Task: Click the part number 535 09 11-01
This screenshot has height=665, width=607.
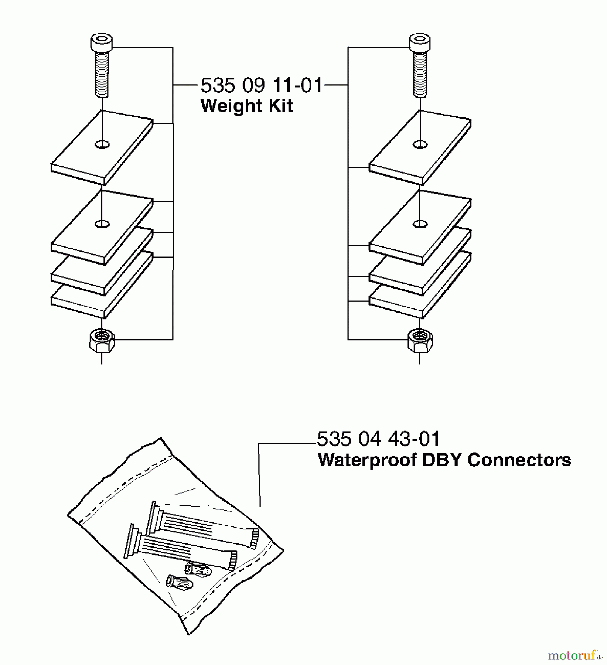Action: (262, 86)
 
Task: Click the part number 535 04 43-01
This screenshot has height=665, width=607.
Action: (378, 439)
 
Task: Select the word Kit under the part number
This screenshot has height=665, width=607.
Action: (280, 106)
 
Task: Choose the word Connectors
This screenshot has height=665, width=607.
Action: (519, 460)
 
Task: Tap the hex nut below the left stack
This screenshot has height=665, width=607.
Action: (102, 340)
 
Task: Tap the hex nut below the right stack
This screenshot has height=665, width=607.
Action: (420, 340)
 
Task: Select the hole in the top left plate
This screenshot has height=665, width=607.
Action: (102, 144)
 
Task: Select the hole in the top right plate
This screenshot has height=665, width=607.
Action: (420, 144)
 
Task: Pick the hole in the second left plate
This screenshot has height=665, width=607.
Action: (102, 224)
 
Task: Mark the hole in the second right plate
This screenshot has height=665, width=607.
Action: (420, 224)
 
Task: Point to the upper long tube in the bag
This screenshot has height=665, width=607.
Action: (203, 525)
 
